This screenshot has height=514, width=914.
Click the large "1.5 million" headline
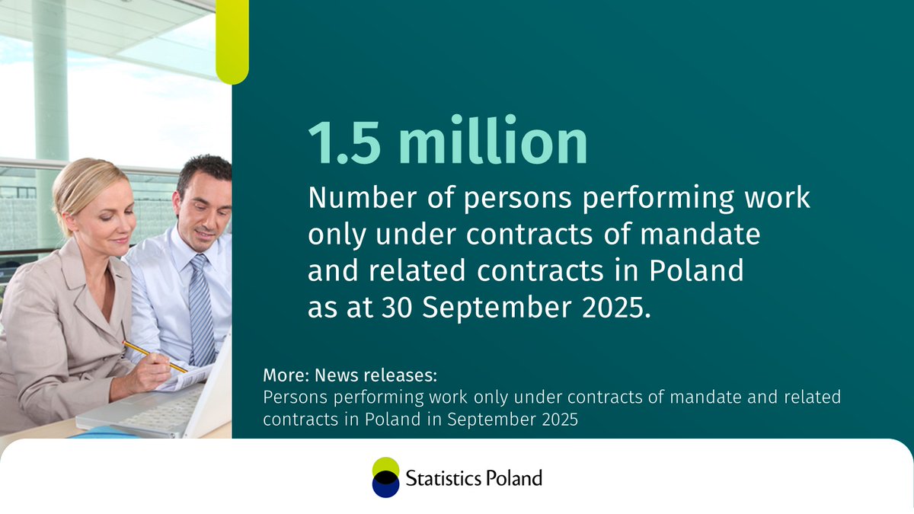(448, 142)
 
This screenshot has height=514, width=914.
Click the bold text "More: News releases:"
(351, 377)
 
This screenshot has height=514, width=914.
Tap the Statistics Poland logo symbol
(385, 477)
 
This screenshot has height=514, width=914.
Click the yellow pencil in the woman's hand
(155, 356)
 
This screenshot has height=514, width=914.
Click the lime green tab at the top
(232, 42)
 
